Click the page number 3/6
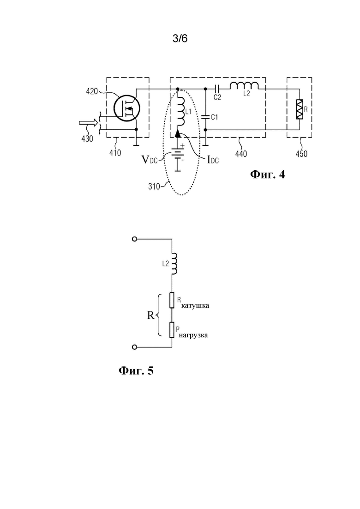tap(180, 39)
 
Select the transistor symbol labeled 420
tap(126, 108)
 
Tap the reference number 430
tap(87, 138)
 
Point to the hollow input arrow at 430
tap(88, 123)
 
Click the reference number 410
tap(115, 153)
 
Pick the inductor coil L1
tap(180, 111)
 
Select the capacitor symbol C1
tap(205, 117)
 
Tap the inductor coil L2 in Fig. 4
tap(244, 86)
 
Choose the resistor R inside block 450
tap(299, 109)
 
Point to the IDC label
tap(213, 159)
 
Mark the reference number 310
tap(154, 186)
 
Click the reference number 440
tap(241, 153)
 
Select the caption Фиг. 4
tap(268, 174)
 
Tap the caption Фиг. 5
tap(136, 371)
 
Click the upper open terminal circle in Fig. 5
tap(135, 239)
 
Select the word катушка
tap(195, 306)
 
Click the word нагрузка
tap(193, 335)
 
